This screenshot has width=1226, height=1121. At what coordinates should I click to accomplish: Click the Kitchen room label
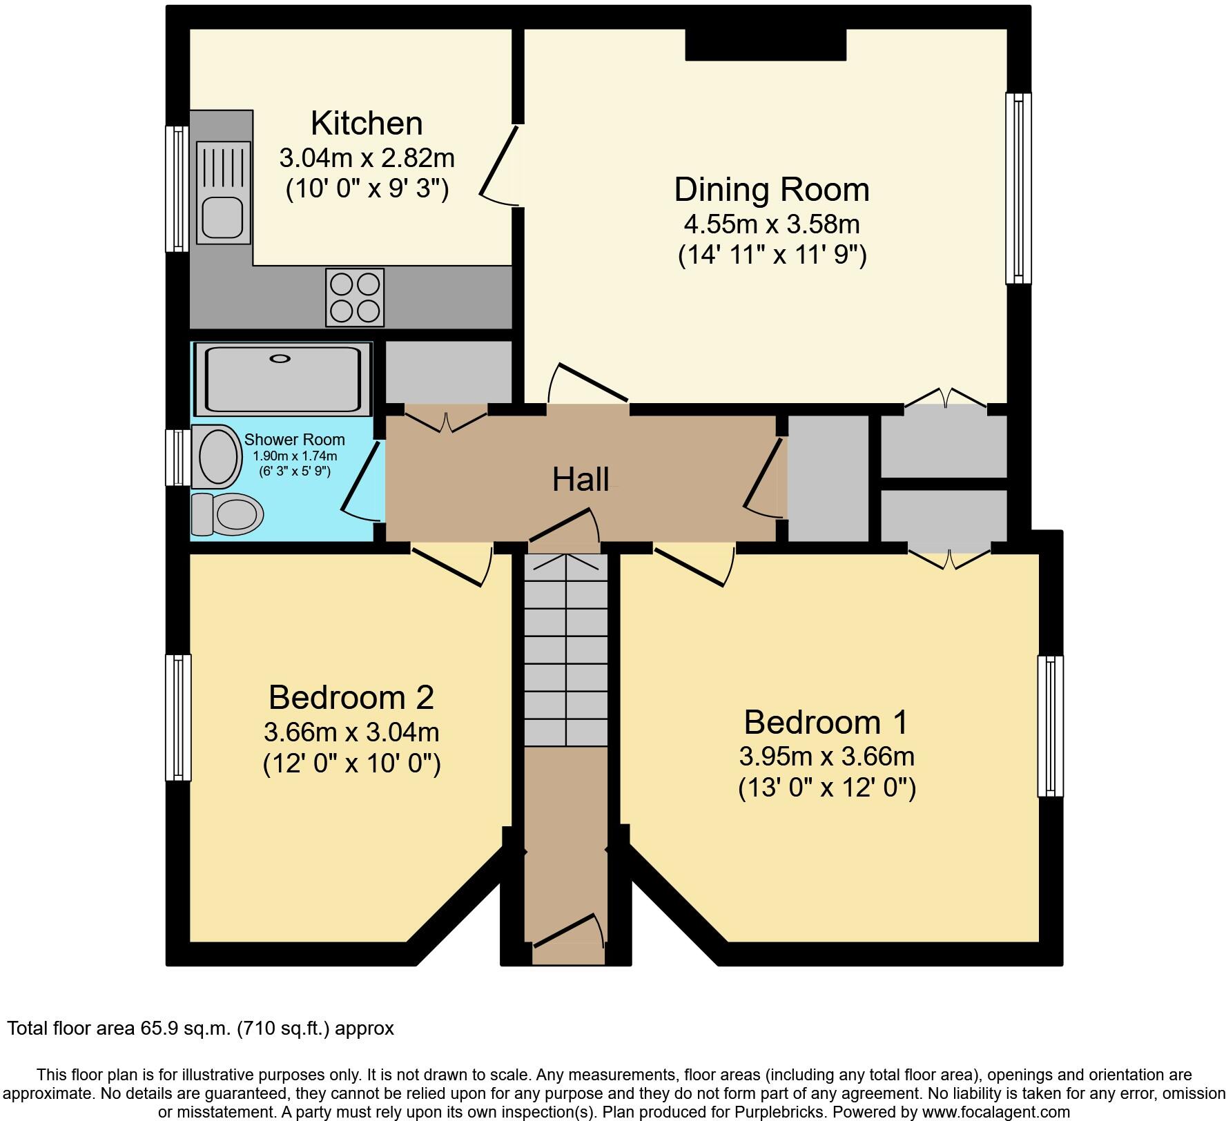(x=367, y=124)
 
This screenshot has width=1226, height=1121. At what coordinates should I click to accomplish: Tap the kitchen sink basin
(x=222, y=217)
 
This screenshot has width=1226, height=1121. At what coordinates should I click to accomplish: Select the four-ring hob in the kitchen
(x=355, y=298)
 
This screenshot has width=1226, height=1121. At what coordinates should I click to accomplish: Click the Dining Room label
(x=771, y=190)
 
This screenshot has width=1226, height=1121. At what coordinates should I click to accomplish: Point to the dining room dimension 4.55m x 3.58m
(x=771, y=224)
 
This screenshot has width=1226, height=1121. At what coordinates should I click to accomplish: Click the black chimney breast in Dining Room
(x=765, y=45)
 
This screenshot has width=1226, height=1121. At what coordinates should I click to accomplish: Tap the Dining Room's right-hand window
(x=1018, y=188)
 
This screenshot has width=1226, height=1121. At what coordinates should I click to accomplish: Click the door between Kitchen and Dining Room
(x=498, y=166)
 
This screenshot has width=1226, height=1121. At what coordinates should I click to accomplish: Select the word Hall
(x=580, y=479)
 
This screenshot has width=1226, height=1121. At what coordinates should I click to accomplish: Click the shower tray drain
(x=280, y=358)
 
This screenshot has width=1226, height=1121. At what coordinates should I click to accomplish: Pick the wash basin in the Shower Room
(x=218, y=456)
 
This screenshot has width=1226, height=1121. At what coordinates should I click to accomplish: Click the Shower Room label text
(x=294, y=440)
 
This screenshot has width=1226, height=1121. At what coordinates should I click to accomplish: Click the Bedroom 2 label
(x=351, y=697)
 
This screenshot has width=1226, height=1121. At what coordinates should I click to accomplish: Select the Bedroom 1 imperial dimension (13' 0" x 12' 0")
(x=827, y=788)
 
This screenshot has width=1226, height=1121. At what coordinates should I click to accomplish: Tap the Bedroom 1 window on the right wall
(x=1050, y=726)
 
